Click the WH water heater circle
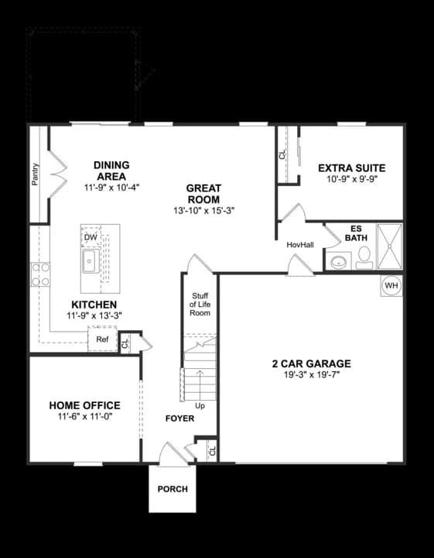(x=391, y=285)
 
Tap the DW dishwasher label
(x=91, y=237)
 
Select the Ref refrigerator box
(x=102, y=339)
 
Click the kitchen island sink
(x=91, y=261)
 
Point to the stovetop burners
(x=40, y=274)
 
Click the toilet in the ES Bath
(x=364, y=257)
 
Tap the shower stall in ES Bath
(x=390, y=246)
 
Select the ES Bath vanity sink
(x=339, y=262)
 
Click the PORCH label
(x=173, y=489)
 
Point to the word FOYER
(x=179, y=418)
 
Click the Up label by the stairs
(x=200, y=405)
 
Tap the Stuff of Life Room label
(x=200, y=305)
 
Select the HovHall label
(x=300, y=245)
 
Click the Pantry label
(x=35, y=174)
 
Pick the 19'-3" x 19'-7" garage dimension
(x=312, y=375)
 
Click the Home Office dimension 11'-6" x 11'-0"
(x=85, y=416)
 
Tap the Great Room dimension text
(x=204, y=211)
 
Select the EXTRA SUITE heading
(x=351, y=168)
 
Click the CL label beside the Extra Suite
(x=282, y=154)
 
